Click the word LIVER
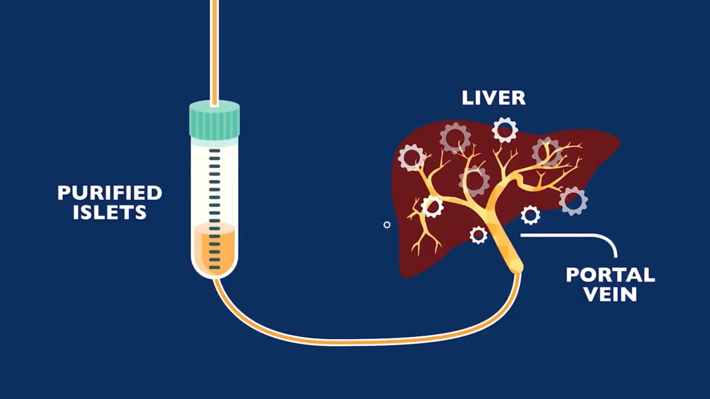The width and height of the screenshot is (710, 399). pos(494,98)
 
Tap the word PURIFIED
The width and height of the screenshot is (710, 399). pos(110,193)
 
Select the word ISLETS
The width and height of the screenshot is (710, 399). pos(110,212)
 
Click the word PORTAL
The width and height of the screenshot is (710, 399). pos(611,275)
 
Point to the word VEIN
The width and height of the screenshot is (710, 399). pos(611,294)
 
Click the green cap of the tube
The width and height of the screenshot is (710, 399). pos(215,120)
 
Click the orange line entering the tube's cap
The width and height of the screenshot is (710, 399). pos(215,52)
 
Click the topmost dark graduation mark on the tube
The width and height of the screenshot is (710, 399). pos(215,151)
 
